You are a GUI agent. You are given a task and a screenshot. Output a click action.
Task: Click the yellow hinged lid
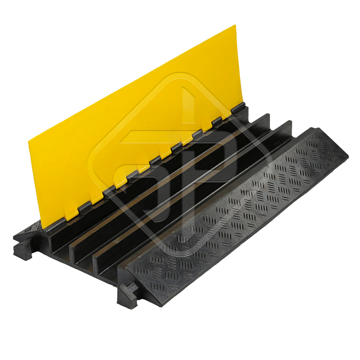coord(135,129)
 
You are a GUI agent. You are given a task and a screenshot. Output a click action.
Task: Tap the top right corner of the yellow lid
coord(235,25)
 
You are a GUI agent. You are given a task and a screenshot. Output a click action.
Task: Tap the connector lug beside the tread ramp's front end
coord(126,294)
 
